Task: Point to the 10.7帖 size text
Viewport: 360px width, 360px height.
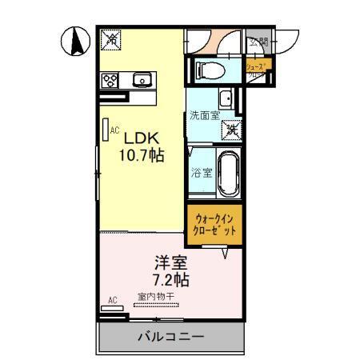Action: point(142,155)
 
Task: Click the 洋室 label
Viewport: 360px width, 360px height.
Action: point(170,262)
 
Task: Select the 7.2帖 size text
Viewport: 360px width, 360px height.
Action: point(170,281)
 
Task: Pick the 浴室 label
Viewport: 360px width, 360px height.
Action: point(201,172)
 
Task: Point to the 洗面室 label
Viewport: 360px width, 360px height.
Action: point(204,115)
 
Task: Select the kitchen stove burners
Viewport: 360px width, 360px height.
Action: point(110,79)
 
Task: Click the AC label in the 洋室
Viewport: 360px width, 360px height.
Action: point(112,301)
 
